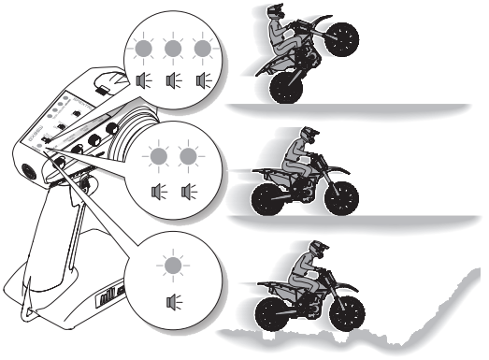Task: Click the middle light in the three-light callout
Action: click(170, 49)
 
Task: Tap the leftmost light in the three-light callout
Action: click(142, 49)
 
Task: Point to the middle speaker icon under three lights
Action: click(170, 81)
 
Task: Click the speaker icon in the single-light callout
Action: click(171, 301)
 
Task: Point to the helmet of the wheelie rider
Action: click(278, 16)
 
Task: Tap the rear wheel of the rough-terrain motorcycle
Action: click(274, 308)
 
